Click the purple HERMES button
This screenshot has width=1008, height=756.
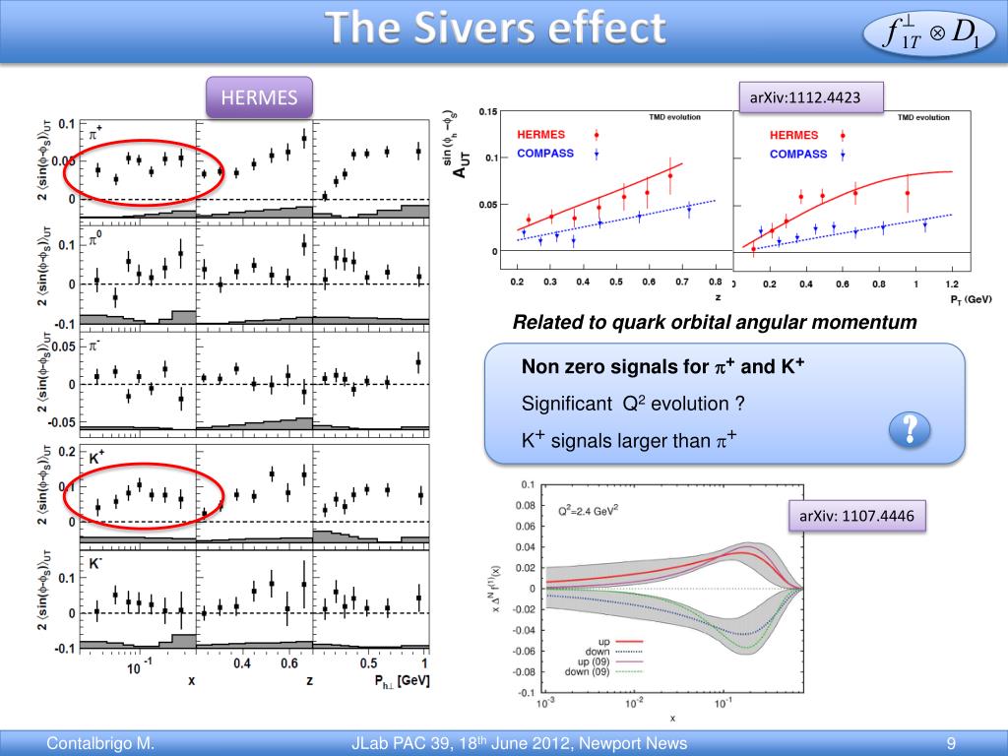tap(259, 97)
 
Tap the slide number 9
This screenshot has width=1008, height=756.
tap(951, 743)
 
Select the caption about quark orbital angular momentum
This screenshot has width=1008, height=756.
tap(715, 322)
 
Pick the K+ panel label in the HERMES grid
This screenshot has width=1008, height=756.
tap(97, 459)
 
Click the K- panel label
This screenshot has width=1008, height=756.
tap(96, 564)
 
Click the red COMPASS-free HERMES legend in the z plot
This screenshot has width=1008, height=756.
tap(541, 134)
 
